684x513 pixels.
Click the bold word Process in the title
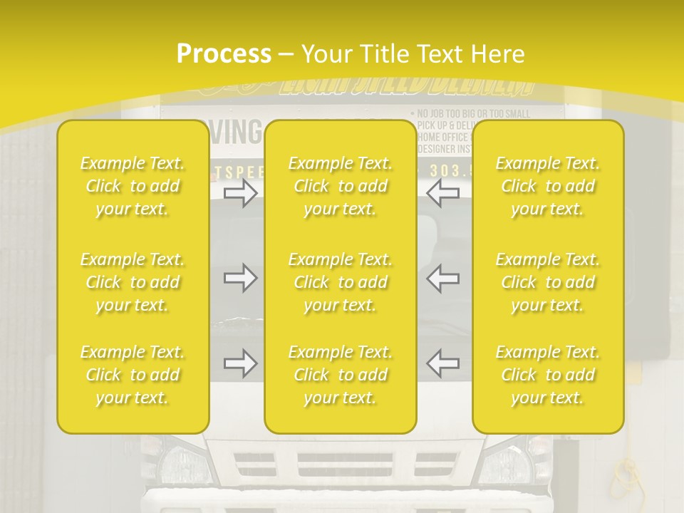(224, 54)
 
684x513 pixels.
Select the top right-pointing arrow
(241, 193)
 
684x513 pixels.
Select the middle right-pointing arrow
(241, 278)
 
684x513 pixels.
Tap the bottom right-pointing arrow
(241, 363)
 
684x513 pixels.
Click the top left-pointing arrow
(442, 193)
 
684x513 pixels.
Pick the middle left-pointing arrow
(442, 278)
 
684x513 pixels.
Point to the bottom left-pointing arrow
(442, 363)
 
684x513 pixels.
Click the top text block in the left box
(133, 186)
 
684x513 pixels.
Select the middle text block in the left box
(133, 282)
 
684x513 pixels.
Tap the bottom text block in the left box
(133, 375)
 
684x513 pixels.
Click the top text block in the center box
(340, 186)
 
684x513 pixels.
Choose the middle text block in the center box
(340, 282)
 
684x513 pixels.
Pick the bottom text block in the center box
(340, 375)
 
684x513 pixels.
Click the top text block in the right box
(547, 186)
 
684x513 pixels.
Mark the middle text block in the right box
(547, 282)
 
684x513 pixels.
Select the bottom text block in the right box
(547, 375)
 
